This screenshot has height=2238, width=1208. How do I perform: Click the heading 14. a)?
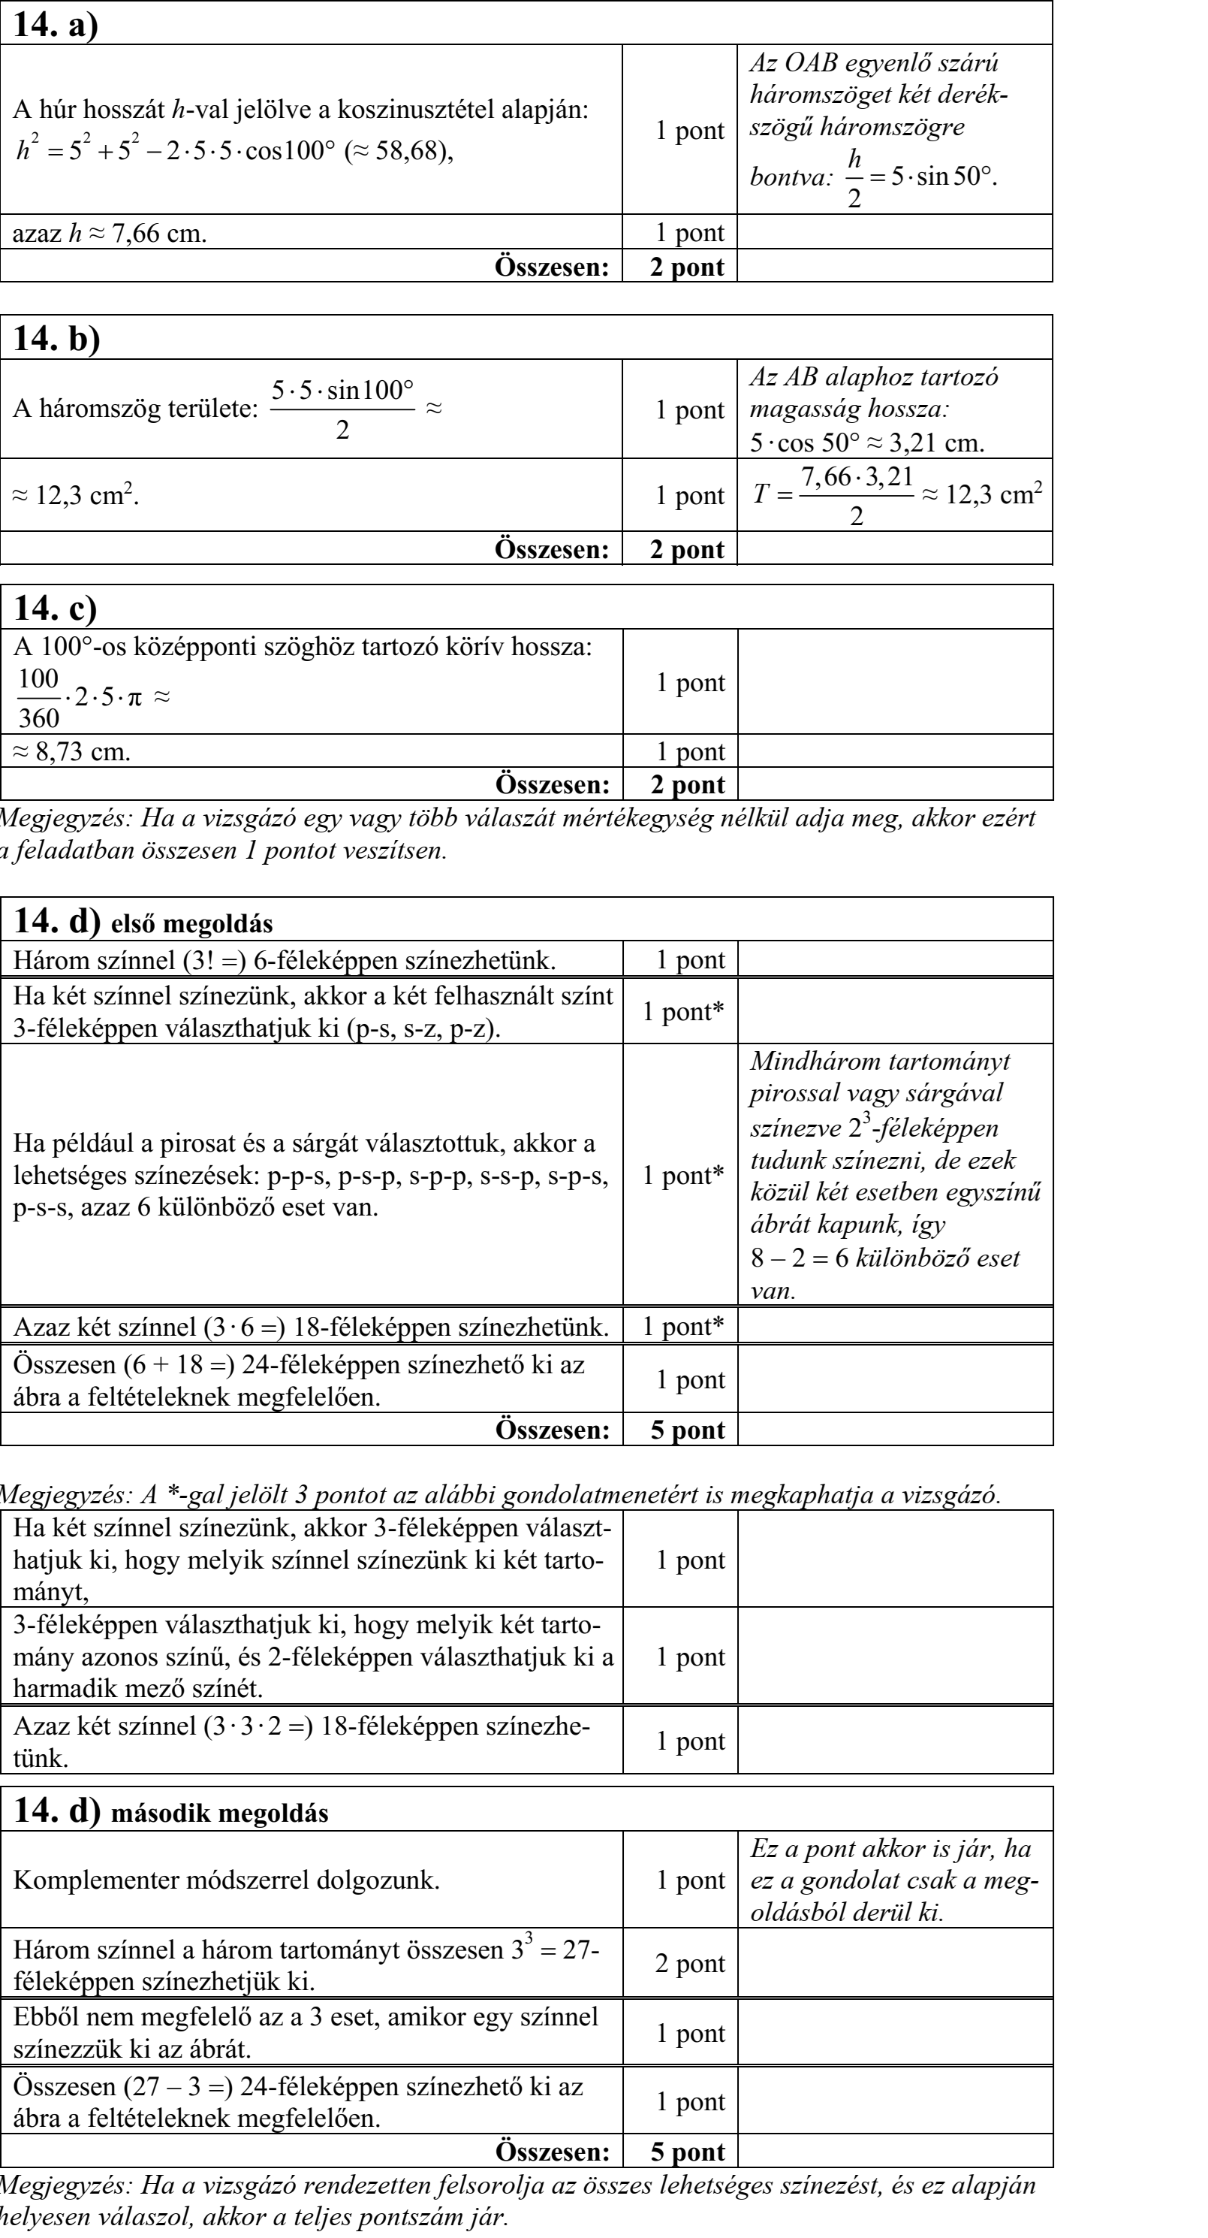(56, 23)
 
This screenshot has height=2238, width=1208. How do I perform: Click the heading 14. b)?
(56, 338)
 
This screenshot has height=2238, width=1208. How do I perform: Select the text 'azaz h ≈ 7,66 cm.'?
(110, 234)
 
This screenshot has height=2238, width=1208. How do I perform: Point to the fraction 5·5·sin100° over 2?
(342, 409)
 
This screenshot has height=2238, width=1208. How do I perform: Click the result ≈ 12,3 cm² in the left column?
(76, 496)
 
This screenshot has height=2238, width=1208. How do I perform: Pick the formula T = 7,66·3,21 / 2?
(833, 496)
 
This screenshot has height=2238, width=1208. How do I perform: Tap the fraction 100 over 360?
(39, 698)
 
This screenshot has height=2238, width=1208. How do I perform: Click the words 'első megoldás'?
(192, 923)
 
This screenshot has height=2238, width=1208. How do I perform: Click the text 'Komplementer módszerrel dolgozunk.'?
(227, 1880)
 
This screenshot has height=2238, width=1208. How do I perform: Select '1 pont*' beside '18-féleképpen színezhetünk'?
(682, 1327)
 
